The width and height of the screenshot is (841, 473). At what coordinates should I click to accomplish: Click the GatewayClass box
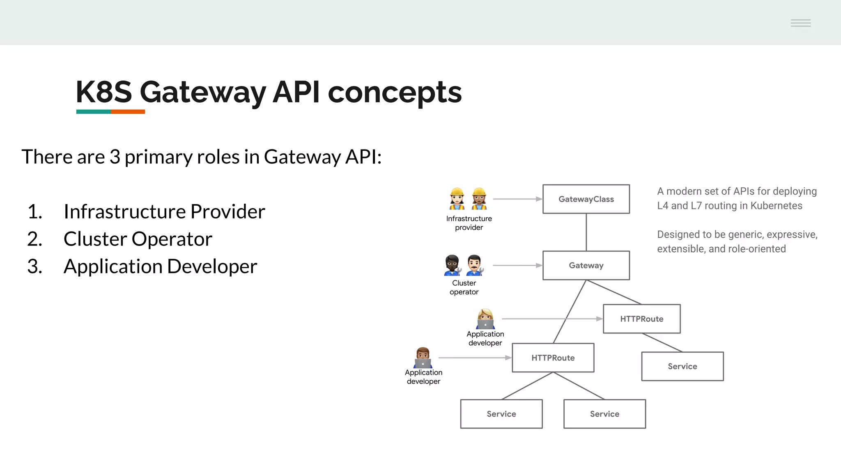tap(586, 199)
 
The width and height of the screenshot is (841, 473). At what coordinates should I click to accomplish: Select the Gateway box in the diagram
tap(586, 265)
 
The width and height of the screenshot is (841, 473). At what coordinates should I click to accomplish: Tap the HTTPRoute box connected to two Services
tap(553, 358)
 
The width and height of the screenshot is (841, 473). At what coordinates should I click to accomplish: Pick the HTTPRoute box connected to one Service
tap(641, 319)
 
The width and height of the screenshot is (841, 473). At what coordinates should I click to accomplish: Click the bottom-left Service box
tap(501, 414)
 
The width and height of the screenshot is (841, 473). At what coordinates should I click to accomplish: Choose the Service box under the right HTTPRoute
tap(682, 366)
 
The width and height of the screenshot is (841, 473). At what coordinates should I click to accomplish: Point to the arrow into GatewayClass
tap(517, 199)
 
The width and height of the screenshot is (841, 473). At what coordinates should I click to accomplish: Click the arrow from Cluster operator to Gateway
tap(517, 266)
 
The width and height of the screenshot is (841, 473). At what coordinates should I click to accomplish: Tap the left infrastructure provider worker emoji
tap(457, 199)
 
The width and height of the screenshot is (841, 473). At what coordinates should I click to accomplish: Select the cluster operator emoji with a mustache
tap(475, 265)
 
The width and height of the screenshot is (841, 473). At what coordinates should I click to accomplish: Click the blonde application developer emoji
tap(485, 319)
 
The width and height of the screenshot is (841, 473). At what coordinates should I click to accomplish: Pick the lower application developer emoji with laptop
tap(423, 358)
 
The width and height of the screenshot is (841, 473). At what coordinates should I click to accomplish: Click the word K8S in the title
tap(104, 92)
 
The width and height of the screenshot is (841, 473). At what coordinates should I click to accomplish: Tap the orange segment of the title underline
tap(128, 112)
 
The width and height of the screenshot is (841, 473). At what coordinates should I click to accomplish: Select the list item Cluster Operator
tap(138, 239)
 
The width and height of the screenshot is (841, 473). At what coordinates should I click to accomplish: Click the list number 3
tap(34, 266)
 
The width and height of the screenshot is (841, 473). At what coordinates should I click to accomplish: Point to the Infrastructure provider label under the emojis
tap(469, 223)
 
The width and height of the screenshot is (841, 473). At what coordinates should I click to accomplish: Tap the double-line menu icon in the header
tap(800, 23)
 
